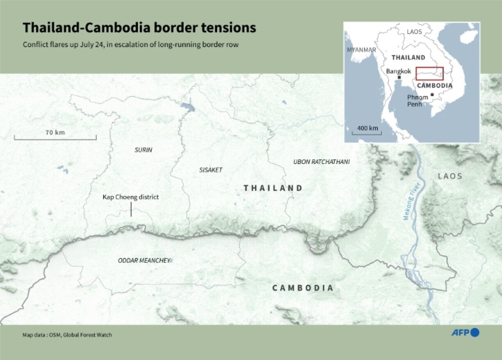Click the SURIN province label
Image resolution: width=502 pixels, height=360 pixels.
[143, 150]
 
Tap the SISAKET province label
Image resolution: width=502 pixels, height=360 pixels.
[211, 170]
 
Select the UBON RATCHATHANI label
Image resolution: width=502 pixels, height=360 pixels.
[321, 162]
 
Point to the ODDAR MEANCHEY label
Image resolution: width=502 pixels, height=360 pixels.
[144, 260]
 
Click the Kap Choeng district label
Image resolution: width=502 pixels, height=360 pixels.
[130, 197]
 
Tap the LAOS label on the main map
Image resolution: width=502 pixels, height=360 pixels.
[450, 176]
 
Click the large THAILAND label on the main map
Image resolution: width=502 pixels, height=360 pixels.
[273, 188]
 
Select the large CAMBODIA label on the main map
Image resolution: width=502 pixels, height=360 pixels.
[303, 288]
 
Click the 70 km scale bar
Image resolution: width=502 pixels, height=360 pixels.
[55, 138]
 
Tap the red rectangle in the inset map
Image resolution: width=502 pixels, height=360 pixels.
[429, 73]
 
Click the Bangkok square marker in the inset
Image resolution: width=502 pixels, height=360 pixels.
[399, 77]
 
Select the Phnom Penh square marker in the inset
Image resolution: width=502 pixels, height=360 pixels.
[432, 95]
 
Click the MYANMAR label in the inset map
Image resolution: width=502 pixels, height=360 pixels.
[361, 50]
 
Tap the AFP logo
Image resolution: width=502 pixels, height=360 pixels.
[465, 333]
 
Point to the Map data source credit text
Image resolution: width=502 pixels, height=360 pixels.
[67, 335]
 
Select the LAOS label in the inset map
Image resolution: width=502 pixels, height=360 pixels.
[414, 32]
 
